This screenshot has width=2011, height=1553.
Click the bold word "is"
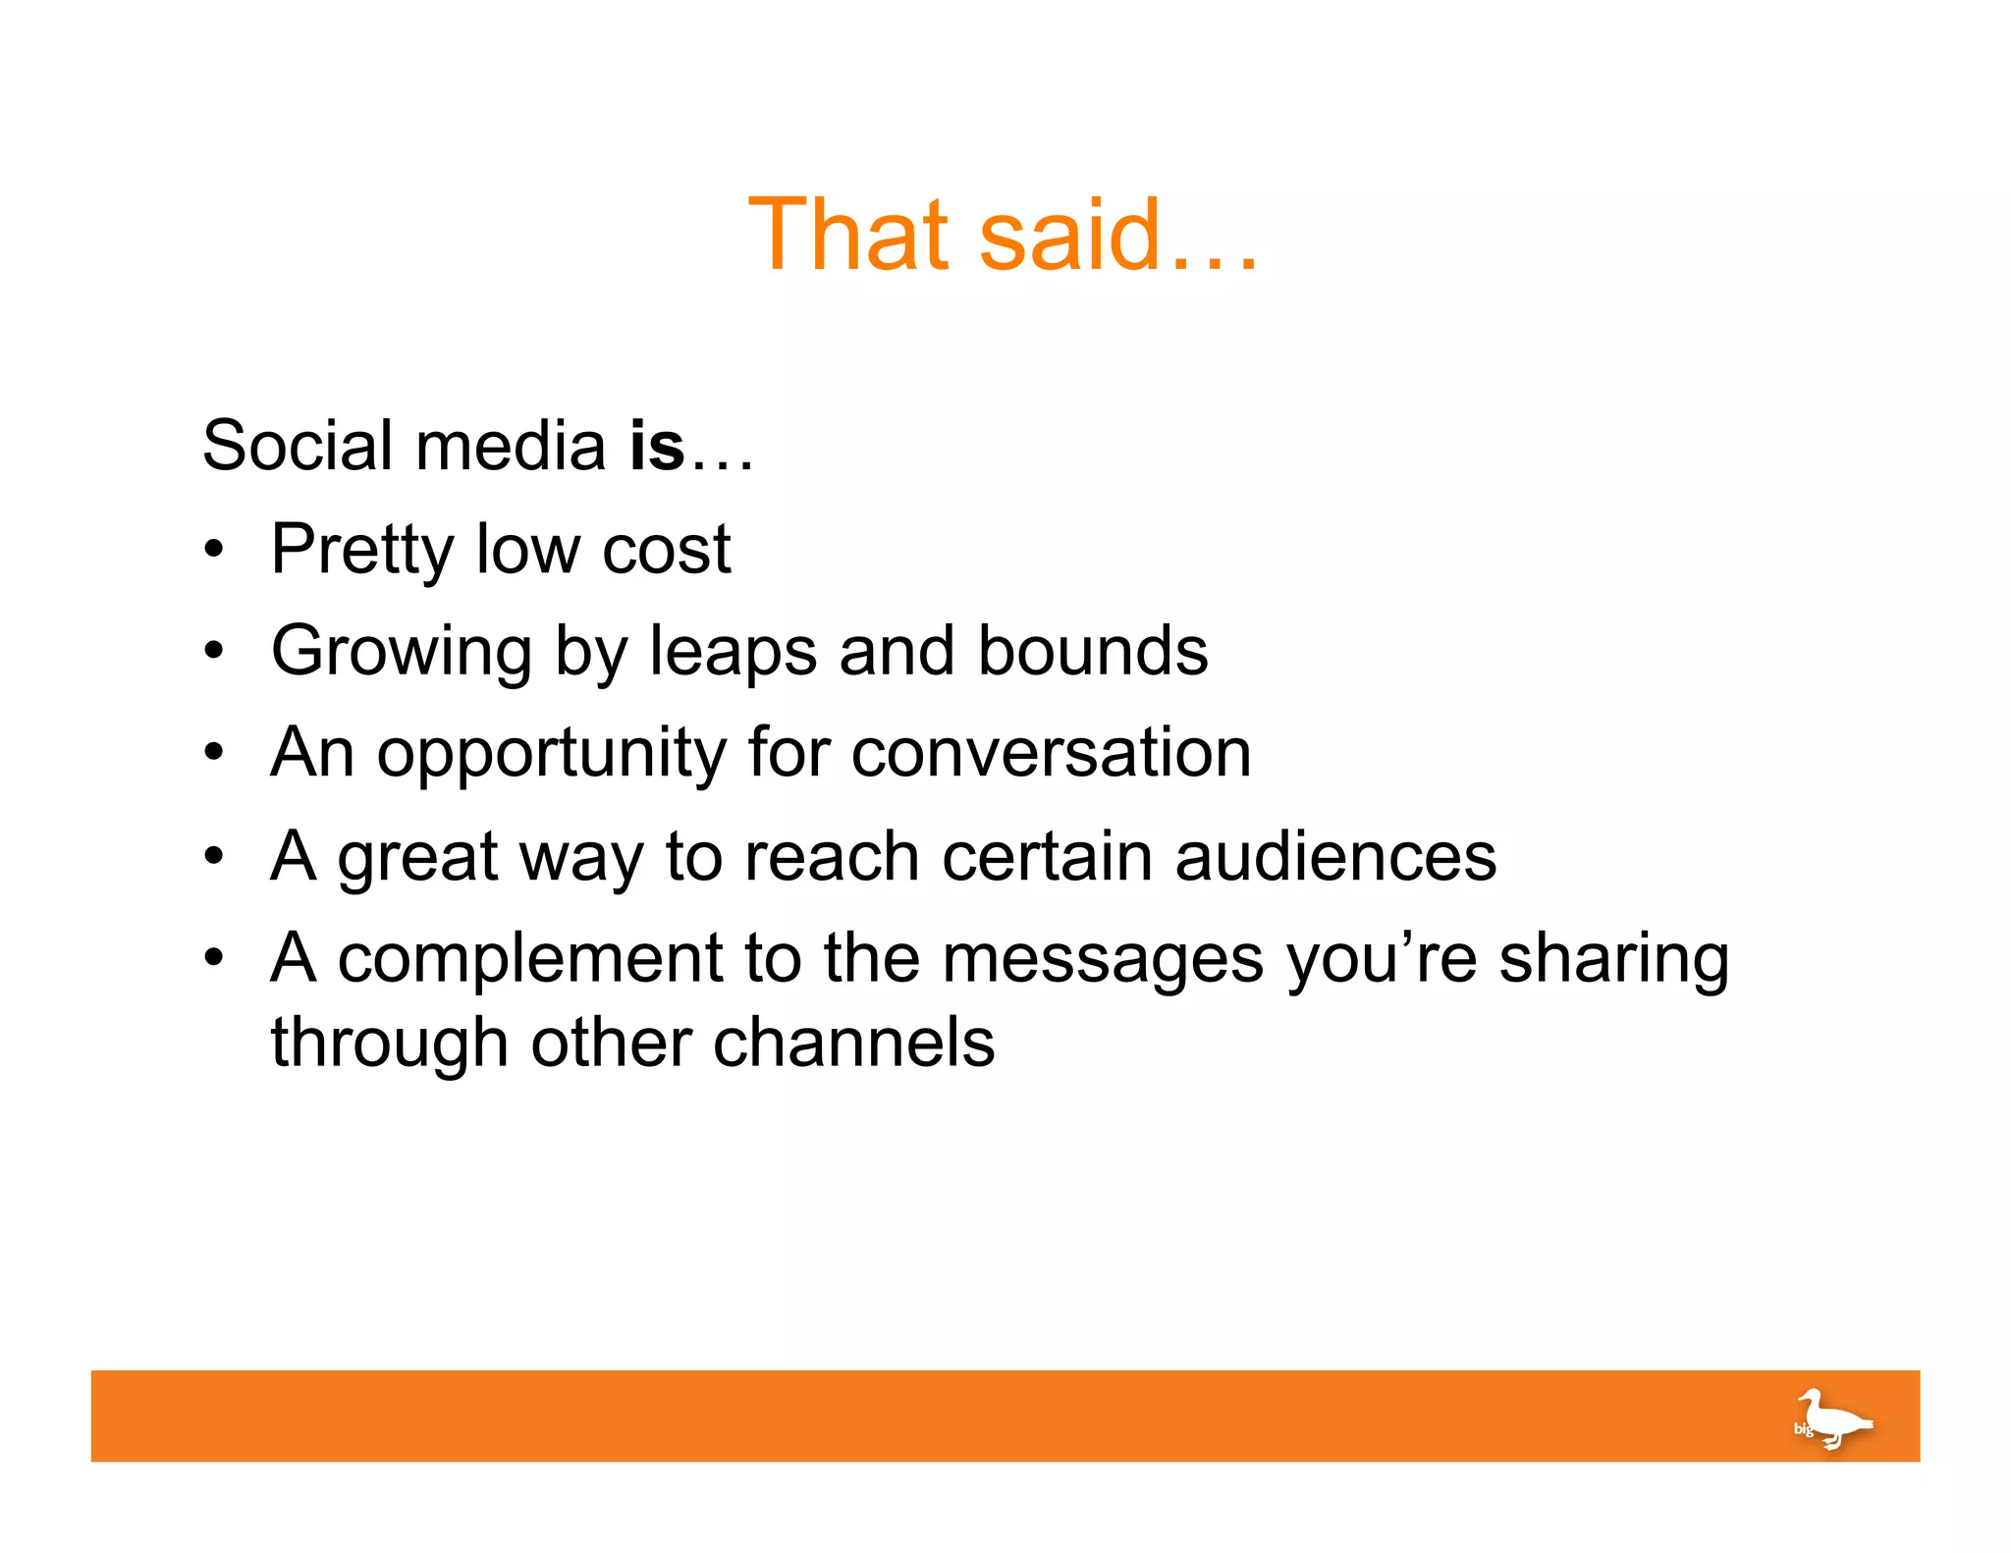[657, 446]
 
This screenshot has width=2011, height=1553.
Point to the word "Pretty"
[362, 550]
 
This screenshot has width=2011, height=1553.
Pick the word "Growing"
[402, 653]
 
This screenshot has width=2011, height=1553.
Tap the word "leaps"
[733, 653]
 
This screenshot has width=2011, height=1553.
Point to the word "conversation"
[1051, 754]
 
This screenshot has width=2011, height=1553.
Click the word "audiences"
[1335, 856]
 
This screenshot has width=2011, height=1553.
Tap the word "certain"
[1047, 856]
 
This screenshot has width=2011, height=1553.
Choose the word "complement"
[530, 959]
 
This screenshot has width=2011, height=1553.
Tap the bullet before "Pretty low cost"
[214, 550]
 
